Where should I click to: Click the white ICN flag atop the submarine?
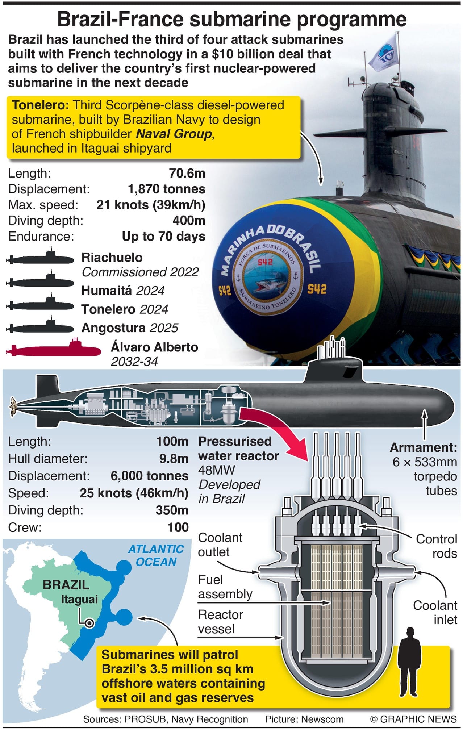pos(384,54)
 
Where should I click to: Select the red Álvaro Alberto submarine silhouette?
pos(54,349)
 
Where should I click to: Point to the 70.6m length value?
pos(187,173)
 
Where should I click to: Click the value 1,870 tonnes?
pos(166,189)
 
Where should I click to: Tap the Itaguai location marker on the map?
pos(89,623)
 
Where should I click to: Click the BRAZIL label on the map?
pos(66,585)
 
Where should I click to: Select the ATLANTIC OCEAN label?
pos(156,555)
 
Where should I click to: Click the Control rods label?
pos(436,546)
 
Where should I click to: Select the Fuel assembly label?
pos(225,587)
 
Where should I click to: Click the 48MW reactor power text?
pos(216,470)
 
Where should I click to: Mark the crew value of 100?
pos(178,527)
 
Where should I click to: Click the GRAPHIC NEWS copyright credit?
pos(413,719)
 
